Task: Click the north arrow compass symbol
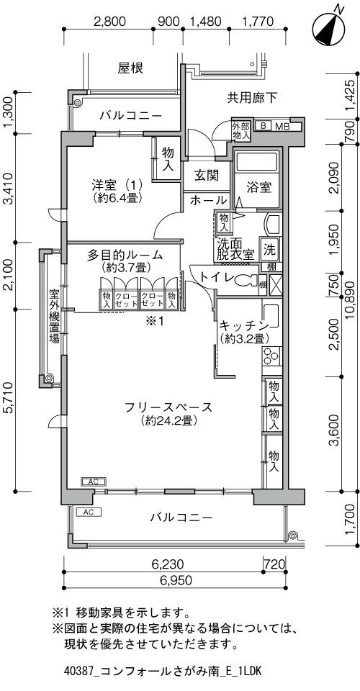pos(329,28)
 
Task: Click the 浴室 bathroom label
pos(258,187)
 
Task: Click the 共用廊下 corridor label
pos(252,98)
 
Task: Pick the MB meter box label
pos(282,126)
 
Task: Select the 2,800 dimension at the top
pos(109,21)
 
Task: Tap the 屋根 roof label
pos(130,68)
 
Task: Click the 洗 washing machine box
pos(269,250)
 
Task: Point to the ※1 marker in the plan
pos(155,321)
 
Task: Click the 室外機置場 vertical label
pos(54,316)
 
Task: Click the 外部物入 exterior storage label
pos(241,131)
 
